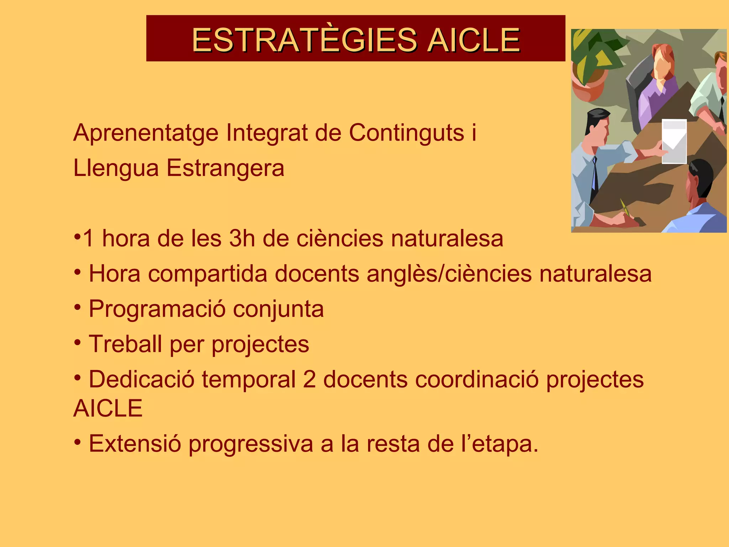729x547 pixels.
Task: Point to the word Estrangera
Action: pos(225,168)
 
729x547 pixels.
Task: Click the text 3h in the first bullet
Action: pos(242,239)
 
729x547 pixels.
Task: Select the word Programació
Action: pos(157,309)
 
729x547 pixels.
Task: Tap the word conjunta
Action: pos(278,309)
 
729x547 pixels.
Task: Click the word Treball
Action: pos(125,344)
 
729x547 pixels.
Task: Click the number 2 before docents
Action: pos(309,379)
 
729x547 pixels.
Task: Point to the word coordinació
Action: pos(477,379)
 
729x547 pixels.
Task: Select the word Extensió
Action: pos(135,444)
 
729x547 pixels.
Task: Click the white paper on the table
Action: pos(674,142)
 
